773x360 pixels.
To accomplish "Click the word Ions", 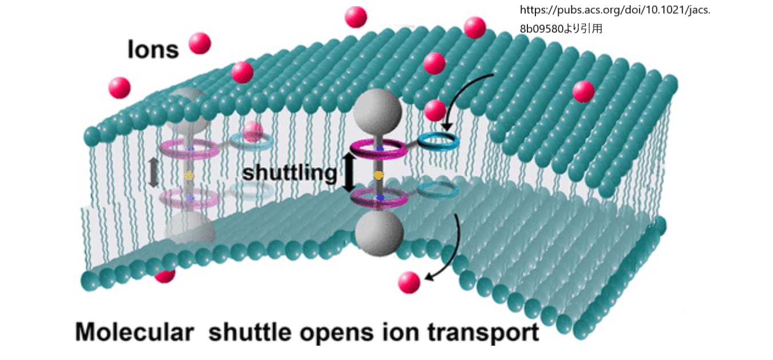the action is point(153,49).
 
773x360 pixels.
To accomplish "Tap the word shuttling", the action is point(289,173).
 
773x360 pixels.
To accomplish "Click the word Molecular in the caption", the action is point(134,332).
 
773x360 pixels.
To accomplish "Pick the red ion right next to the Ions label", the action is point(199,43).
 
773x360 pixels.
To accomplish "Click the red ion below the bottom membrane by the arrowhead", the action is point(409,282).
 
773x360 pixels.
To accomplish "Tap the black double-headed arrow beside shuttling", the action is point(349,172).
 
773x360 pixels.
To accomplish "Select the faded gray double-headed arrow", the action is point(153,172).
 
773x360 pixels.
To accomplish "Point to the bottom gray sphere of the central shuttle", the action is point(379,233).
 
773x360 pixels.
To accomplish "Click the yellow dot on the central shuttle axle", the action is point(378,175).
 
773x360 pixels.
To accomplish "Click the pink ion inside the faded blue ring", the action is point(253,132).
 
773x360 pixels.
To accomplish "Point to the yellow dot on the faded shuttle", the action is point(188,176).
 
